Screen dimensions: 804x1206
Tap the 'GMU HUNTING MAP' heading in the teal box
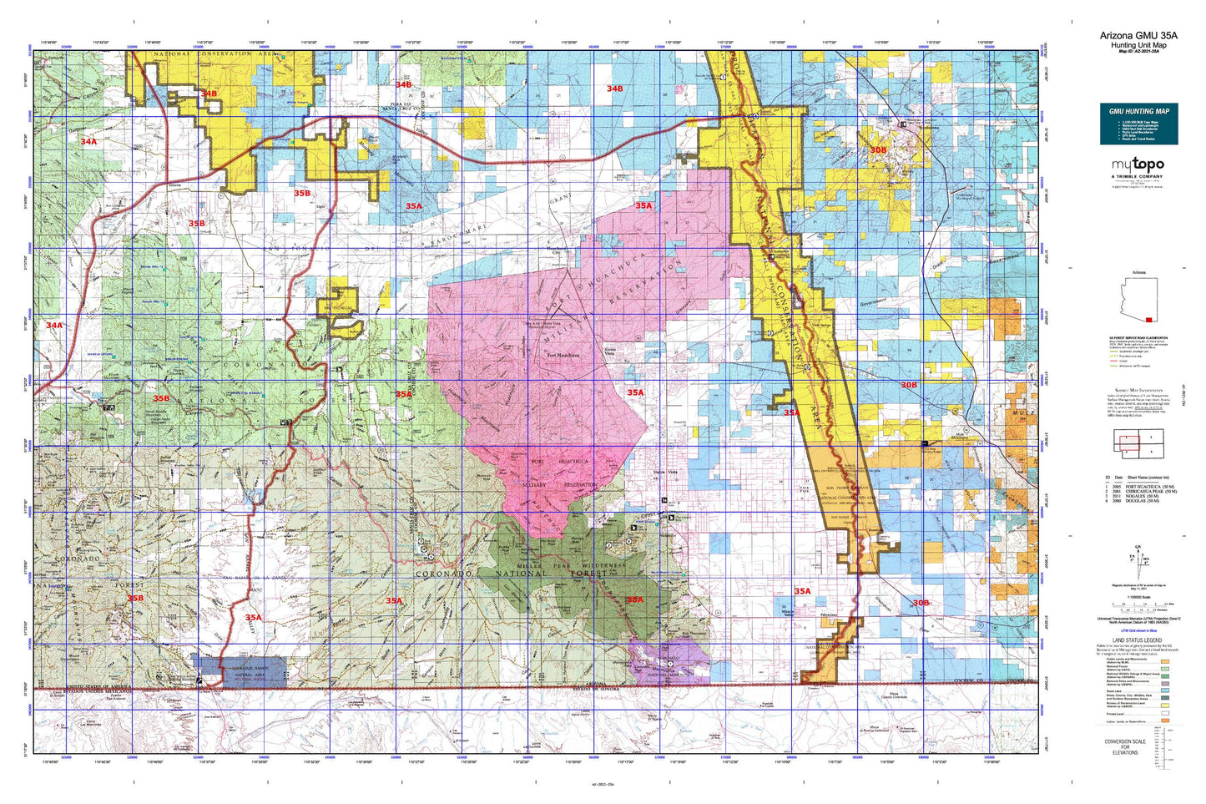(1138, 111)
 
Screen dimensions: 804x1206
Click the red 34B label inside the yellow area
(209, 94)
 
